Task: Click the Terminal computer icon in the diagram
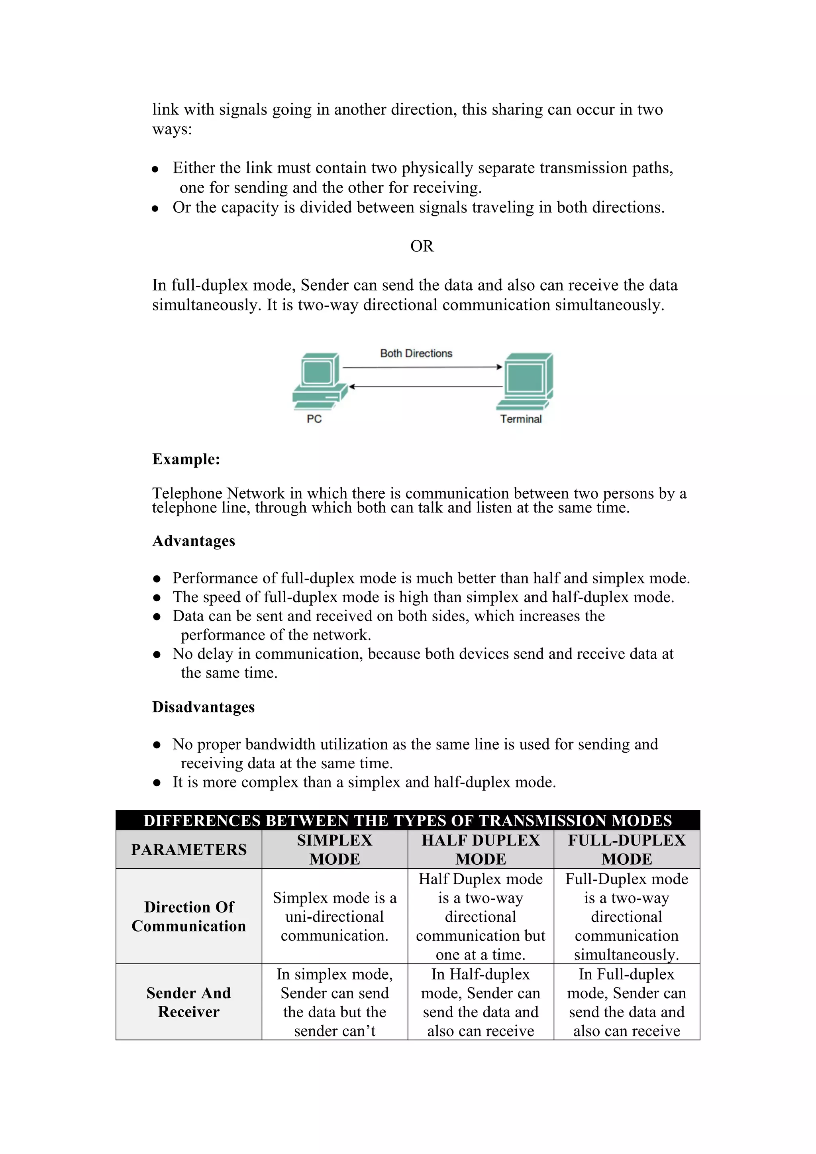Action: click(526, 381)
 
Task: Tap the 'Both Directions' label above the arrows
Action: click(416, 353)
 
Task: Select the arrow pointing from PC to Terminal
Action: click(422, 367)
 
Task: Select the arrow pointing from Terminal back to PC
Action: click(426, 387)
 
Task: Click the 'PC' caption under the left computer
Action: click(314, 419)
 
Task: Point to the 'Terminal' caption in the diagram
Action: click(520, 419)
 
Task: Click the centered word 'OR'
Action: click(422, 246)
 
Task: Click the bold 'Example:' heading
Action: click(186, 459)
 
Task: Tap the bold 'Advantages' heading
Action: click(194, 541)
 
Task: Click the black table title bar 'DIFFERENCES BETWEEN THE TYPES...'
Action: click(408, 820)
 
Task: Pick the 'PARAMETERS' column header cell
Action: click(189, 850)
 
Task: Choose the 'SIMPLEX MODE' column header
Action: click(335, 850)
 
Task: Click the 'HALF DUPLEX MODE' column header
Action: click(481, 850)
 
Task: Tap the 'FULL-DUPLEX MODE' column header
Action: click(627, 850)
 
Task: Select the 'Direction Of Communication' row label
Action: click(189, 916)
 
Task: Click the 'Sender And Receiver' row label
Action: click(189, 1002)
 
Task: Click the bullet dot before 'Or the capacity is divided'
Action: click(156, 208)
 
